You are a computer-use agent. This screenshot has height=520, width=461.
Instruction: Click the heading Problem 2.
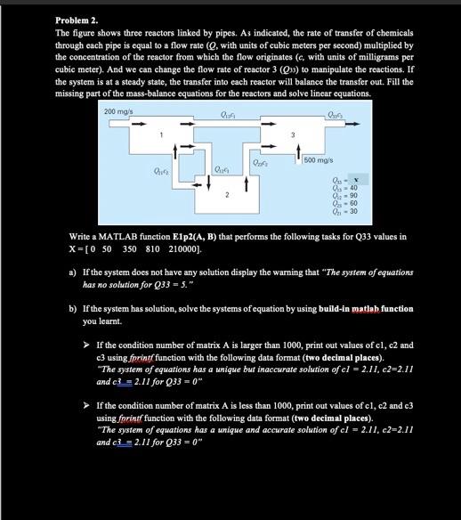[x=76, y=20]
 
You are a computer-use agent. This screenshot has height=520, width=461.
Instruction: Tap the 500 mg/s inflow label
[x=319, y=159]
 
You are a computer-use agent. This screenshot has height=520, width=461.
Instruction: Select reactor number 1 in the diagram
[x=161, y=134]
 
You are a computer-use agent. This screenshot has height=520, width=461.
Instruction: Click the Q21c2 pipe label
[x=161, y=171]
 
